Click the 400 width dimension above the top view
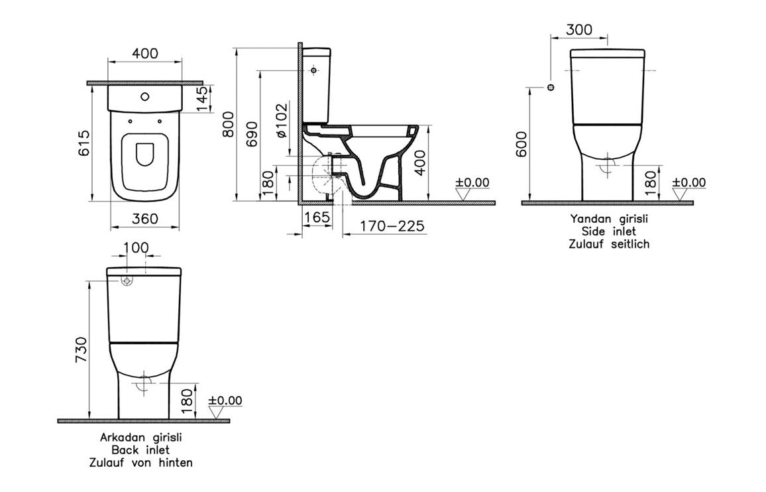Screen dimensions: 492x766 pyautogui.click(x=144, y=54)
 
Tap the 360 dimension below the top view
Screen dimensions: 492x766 pyautogui.click(x=144, y=218)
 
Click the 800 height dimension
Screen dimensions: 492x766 pyautogui.click(x=228, y=123)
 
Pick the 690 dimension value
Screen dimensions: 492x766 pyautogui.click(x=250, y=135)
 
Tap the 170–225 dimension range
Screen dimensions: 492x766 pyautogui.click(x=392, y=226)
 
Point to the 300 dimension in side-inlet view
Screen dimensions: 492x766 pyautogui.click(x=580, y=30)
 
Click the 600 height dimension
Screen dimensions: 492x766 pyautogui.click(x=521, y=145)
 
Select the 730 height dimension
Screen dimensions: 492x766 pyautogui.click(x=81, y=350)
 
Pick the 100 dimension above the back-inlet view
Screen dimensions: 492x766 pyautogui.click(x=137, y=248)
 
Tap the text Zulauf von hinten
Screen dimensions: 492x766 pyautogui.click(x=141, y=463)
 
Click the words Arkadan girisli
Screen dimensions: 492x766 pyautogui.click(x=141, y=438)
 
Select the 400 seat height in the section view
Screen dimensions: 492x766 pyautogui.click(x=420, y=161)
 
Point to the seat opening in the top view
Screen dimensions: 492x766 pyautogui.click(x=144, y=154)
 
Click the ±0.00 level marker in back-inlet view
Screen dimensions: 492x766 pyautogui.click(x=225, y=400)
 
